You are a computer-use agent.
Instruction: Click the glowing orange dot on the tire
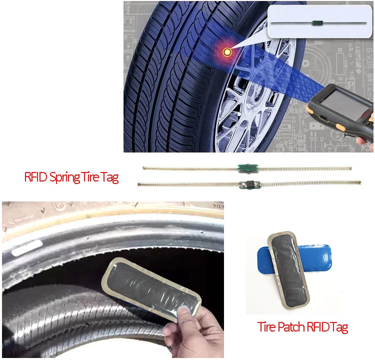pyautogui.click(x=227, y=51)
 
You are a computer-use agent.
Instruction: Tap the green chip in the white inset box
pyautogui.click(x=316, y=22)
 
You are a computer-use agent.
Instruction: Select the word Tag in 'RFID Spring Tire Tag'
pyautogui.click(x=110, y=177)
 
